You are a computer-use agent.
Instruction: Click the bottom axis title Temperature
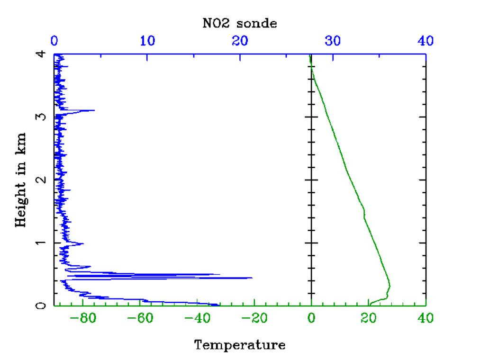(240, 344)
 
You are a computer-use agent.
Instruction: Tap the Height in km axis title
(21, 180)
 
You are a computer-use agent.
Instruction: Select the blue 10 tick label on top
(147, 41)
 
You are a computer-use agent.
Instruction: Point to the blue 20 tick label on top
(240, 41)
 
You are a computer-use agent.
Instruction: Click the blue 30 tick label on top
(333, 41)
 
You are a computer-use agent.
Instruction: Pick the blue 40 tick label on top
(426, 41)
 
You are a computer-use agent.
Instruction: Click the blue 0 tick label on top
(54, 41)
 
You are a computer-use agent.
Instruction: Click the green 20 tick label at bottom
(369, 319)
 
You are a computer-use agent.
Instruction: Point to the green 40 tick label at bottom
(426, 319)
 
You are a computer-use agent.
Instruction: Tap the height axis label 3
(42, 117)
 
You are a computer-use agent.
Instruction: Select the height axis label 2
(42, 180)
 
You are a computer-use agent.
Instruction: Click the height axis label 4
(42, 54)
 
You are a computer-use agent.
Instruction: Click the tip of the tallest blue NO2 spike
(252, 278)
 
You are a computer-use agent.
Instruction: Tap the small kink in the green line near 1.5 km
(364, 214)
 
